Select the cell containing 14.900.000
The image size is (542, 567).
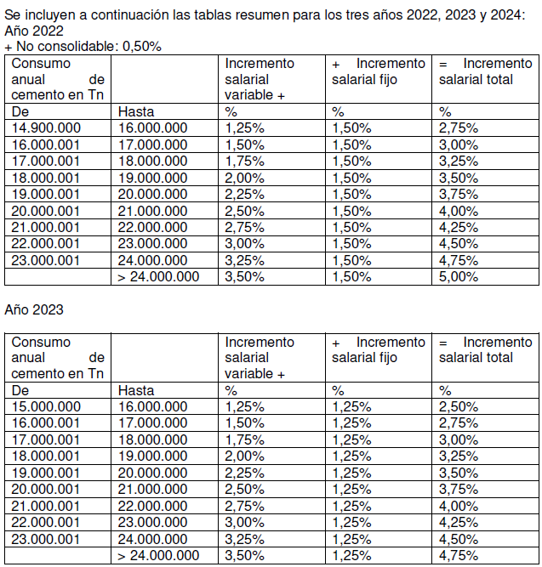pos(46,128)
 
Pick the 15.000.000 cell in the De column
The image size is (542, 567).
pos(46,407)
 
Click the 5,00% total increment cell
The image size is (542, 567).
pos(459,277)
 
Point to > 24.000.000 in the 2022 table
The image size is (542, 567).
pos(158,277)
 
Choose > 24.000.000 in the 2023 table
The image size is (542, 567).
pos(158,556)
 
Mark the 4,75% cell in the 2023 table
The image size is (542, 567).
pos(459,556)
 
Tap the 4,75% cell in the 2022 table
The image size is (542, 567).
pos(459,261)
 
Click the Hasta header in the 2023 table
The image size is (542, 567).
pos(136,391)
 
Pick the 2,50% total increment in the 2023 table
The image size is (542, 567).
pos(459,407)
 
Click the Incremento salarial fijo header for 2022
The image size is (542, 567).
pos(378,71)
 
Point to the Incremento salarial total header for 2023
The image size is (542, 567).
pos(486,350)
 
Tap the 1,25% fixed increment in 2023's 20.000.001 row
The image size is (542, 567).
pos(351,490)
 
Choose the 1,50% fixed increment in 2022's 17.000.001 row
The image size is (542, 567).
pos(351,162)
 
